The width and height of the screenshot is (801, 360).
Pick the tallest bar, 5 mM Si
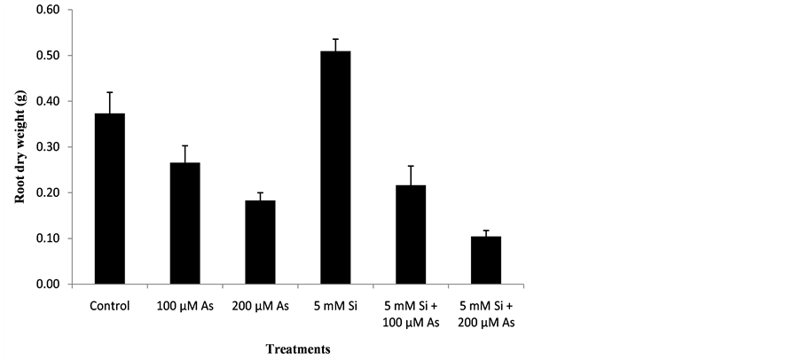335,168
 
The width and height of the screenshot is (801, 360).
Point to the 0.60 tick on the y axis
50,10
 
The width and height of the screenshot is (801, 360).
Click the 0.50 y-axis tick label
50,56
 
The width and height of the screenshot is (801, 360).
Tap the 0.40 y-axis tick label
50,101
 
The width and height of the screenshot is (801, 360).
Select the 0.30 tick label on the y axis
50,147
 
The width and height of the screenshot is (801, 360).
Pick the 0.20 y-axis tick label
50,193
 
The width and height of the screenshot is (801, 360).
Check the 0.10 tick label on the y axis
50,239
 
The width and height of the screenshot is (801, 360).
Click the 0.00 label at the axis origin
50,285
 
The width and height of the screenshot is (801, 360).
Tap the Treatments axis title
299,349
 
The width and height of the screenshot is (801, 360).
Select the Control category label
110,307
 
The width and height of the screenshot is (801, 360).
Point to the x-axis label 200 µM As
261,307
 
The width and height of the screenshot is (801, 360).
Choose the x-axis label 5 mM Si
335,307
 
